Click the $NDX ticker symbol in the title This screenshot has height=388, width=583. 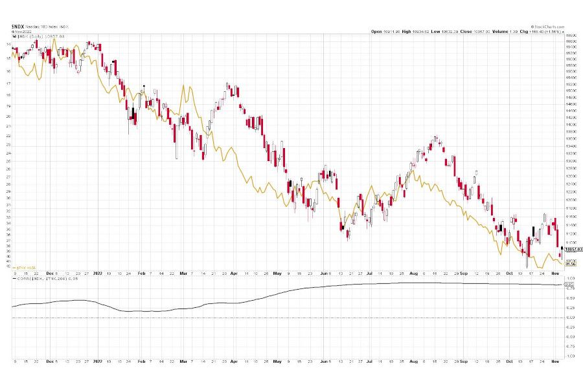tap(17, 26)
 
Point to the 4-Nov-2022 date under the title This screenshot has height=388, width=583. tap(20, 30)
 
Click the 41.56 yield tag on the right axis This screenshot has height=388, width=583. tap(570, 264)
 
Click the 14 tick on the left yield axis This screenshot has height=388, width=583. tap(8, 45)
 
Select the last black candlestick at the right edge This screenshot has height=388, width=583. tap(562, 248)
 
